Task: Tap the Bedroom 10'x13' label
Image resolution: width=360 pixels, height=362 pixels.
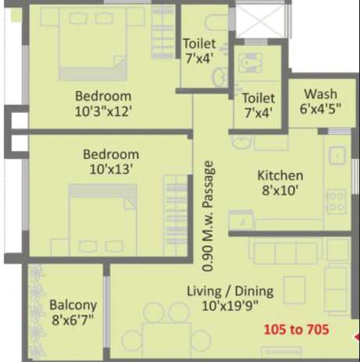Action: [111, 162]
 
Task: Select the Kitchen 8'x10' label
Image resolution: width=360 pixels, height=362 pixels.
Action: [280, 183]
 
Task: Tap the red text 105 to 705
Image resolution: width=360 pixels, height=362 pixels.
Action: [295, 329]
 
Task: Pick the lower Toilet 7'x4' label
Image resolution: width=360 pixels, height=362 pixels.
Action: [258, 106]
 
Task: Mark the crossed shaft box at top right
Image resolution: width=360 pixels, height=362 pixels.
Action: [262, 21]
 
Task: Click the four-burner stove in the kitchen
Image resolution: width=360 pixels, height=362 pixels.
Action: [336, 202]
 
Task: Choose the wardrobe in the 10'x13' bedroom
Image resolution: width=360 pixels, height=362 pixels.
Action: [176, 213]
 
